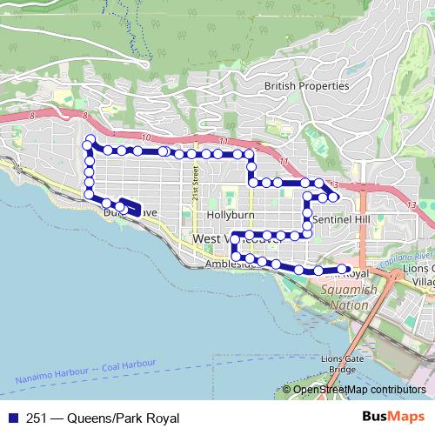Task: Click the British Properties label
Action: coord(306,86)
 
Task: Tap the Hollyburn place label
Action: coord(230,214)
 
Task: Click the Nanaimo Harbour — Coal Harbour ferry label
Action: coord(85,371)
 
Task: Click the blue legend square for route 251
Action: coord(11,418)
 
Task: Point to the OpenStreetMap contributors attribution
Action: coord(359,390)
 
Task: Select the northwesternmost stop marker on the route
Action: coord(90,139)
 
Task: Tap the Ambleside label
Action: coord(230,264)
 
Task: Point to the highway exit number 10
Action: coord(144,137)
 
